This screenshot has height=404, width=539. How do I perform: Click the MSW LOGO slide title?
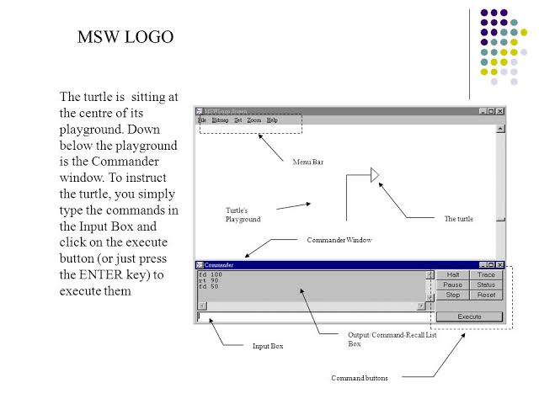[125, 37]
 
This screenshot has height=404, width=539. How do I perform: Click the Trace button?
[486, 274]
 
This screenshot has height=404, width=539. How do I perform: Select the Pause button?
[453, 284]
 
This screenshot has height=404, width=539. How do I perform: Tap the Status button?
[486, 284]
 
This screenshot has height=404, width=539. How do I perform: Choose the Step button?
[453, 295]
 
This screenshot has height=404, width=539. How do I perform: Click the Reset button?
[486, 295]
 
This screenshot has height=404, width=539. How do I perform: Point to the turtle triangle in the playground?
[375, 175]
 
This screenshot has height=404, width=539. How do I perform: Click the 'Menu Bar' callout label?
[307, 162]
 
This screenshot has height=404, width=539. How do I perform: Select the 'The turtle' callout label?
[458, 219]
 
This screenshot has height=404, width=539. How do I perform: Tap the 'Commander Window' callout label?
[339, 240]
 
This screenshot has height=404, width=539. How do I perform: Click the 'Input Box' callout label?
[268, 346]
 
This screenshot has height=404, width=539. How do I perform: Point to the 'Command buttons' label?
[360, 378]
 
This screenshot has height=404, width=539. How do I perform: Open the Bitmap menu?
[220, 120]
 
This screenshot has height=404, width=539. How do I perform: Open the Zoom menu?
[254, 120]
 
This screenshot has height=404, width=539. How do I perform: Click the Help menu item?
[272, 120]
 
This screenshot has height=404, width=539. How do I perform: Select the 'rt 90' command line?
[210, 280]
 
